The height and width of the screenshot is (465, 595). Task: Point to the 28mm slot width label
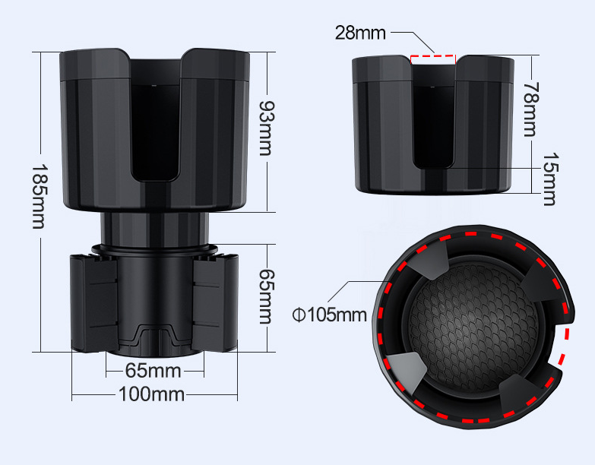(360, 33)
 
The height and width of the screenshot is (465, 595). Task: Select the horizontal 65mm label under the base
(153, 371)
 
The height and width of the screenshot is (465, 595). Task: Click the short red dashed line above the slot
(432, 56)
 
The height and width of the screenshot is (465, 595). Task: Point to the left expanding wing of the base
(93, 302)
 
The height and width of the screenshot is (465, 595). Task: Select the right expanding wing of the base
(214, 302)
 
